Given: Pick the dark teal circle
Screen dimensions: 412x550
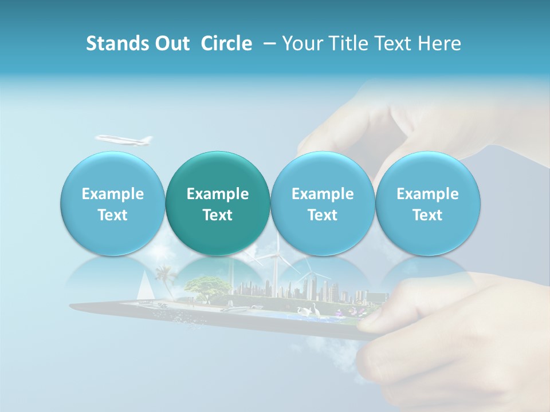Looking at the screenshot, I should [218, 204].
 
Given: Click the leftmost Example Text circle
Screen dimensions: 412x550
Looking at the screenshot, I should [113, 204].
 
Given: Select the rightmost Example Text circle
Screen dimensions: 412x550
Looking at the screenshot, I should [428, 204].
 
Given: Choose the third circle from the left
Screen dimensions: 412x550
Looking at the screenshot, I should [323, 204].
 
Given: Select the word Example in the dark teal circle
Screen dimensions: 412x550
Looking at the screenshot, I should [218, 194].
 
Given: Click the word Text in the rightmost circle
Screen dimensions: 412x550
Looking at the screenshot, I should [428, 215].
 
